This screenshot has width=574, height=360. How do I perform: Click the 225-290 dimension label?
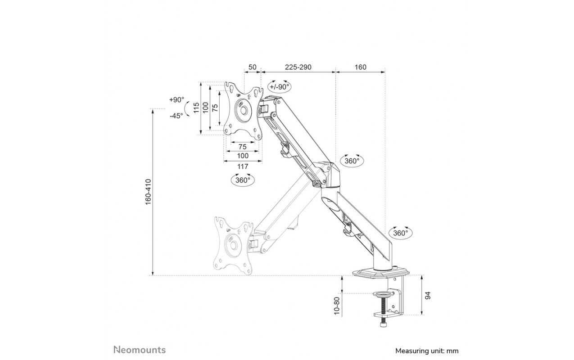pyautogui.click(x=298, y=67)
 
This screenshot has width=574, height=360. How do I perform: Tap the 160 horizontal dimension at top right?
pyautogui.click(x=360, y=67)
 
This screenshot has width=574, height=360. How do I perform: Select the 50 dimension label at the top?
pyautogui.click(x=253, y=67)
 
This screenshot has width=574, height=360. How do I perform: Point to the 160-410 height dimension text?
pyautogui.click(x=149, y=192)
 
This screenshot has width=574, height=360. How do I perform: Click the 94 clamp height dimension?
pyautogui.click(x=427, y=296)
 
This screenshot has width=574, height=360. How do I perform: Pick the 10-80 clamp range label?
pyautogui.click(x=337, y=306)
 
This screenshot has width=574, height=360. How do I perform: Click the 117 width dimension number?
pyautogui.click(x=242, y=166)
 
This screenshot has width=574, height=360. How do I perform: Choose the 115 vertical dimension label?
pyautogui.click(x=197, y=108)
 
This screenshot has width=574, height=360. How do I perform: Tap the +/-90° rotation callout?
pyautogui.click(x=280, y=86)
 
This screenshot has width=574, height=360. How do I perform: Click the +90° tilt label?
pyautogui.click(x=176, y=100)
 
